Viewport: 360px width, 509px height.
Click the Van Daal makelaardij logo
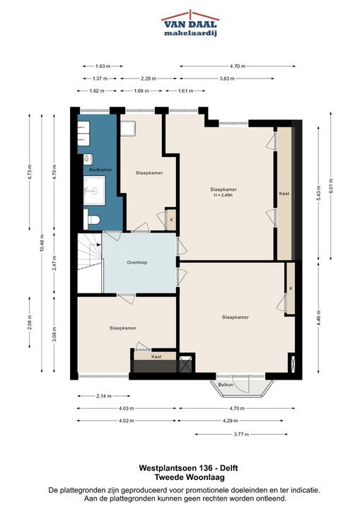(x=190, y=23)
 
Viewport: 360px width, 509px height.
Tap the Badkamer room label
(x=100, y=170)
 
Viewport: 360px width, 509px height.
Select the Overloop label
(x=137, y=262)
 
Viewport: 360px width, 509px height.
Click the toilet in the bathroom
(x=92, y=220)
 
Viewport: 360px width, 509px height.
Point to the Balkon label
(x=226, y=385)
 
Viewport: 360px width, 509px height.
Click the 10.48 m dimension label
(x=42, y=242)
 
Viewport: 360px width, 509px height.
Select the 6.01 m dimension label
(x=331, y=186)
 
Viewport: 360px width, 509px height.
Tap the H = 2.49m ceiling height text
(x=223, y=195)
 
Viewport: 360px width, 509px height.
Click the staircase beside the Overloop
(x=90, y=263)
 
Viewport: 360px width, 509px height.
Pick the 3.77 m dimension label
(x=241, y=434)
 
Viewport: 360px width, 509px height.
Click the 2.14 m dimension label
(x=104, y=396)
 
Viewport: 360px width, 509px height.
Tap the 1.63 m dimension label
(x=103, y=66)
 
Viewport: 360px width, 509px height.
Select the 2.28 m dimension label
(x=148, y=78)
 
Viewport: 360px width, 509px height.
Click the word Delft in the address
(x=228, y=468)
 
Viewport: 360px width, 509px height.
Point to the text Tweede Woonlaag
(x=190, y=477)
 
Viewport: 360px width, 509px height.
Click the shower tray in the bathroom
(x=94, y=191)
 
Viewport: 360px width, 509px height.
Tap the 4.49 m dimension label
(x=319, y=319)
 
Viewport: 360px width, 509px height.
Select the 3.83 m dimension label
(x=227, y=78)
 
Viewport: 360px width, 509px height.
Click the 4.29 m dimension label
(x=230, y=421)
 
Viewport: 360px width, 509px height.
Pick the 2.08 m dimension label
(x=29, y=322)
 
